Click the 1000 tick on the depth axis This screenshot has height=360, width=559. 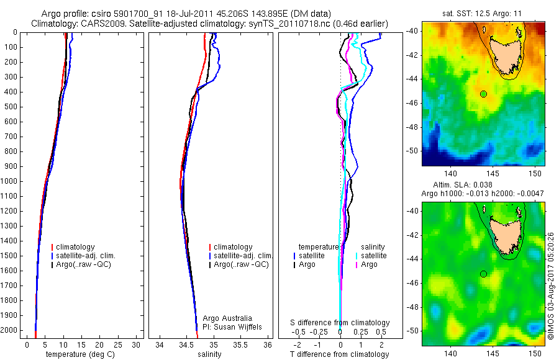coord(11,181)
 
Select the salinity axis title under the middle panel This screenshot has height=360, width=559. coord(211,354)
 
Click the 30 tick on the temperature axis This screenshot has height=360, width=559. coord(137,344)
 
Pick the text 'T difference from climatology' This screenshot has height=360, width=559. coord(340,354)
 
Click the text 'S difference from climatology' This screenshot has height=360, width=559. coord(340,323)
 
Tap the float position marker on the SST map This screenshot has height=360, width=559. coord(483,94)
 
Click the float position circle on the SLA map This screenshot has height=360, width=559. coord(483,274)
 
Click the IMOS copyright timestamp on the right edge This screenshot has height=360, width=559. coord(551,285)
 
